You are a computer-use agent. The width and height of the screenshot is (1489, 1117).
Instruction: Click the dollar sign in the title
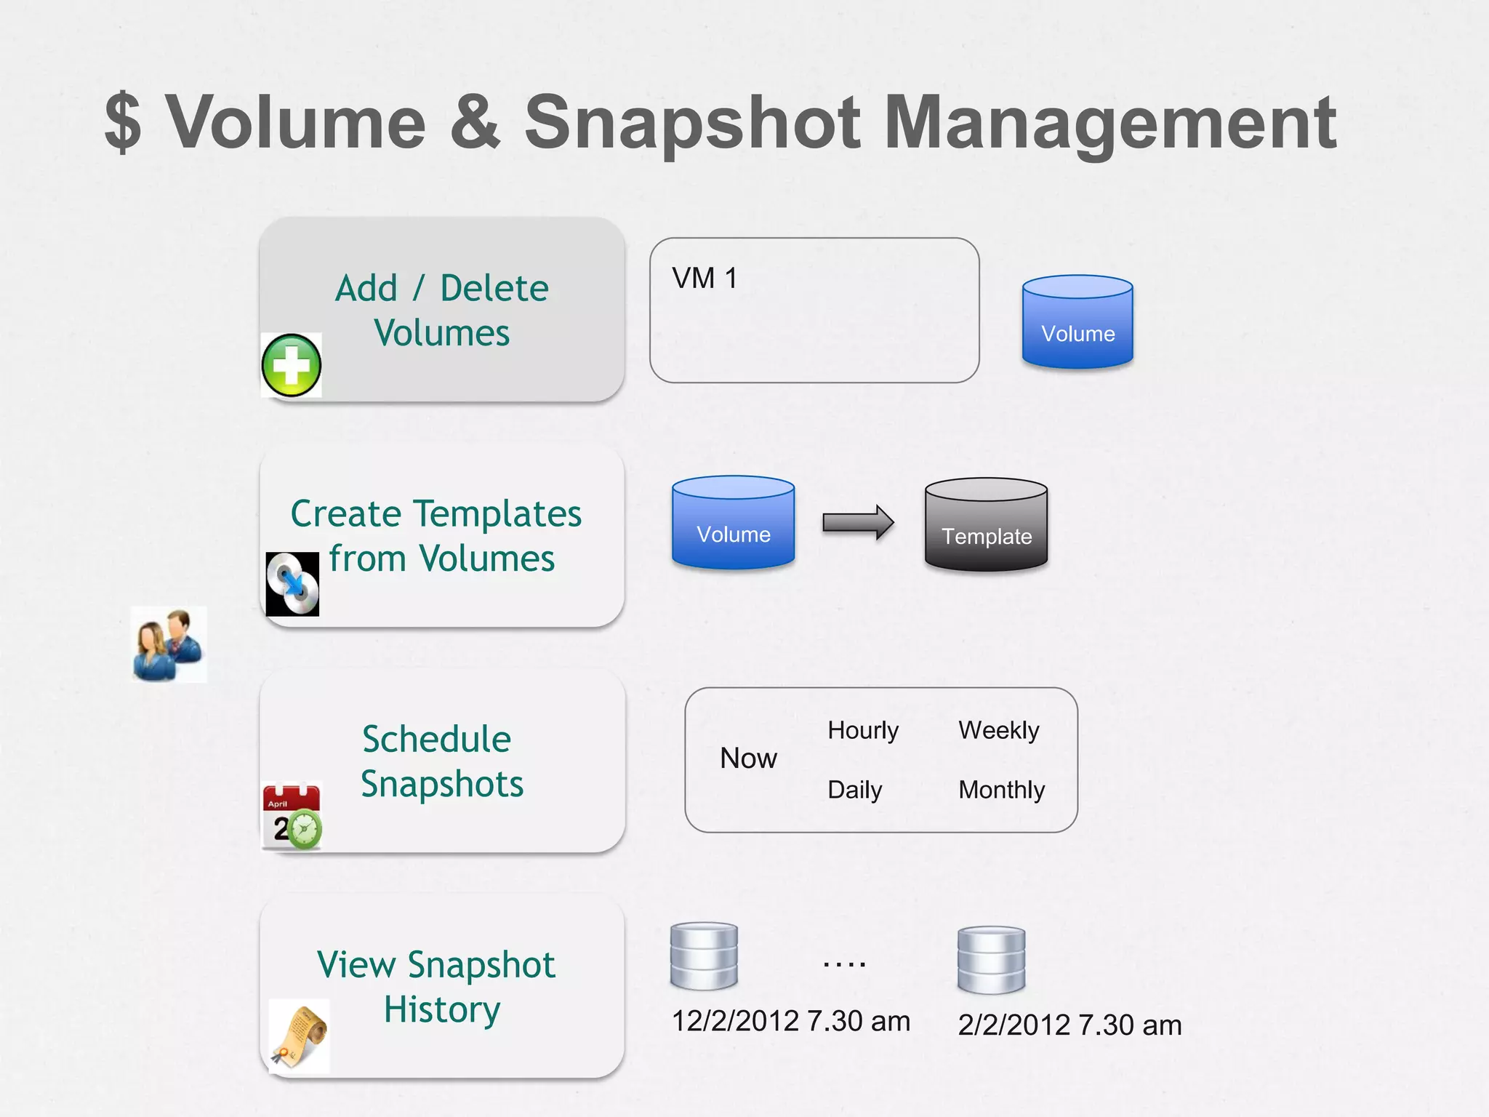tap(123, 122)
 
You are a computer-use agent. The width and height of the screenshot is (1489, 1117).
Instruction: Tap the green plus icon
tap(292, 365)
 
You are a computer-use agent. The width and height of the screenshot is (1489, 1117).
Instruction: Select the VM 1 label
tap(705, 279)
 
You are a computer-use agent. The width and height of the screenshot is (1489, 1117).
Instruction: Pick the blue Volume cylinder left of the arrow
tap(733, 522)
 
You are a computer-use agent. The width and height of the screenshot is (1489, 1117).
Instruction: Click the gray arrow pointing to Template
tap(858, 522)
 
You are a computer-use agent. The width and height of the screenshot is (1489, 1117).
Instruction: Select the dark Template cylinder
tap(986, 524)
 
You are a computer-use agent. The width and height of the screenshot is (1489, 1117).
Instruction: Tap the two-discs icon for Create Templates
tap(292, 584)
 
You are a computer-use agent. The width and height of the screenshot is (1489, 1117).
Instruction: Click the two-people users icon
tap(169, 644)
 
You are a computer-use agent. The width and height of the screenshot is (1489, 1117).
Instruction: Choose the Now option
tap(748, 758)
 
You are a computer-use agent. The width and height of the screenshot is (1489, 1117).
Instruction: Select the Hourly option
tap(863, 730)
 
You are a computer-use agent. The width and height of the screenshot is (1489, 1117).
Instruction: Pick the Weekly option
tap(999, 730)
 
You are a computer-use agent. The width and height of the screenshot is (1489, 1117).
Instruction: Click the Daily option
tap(854, 790)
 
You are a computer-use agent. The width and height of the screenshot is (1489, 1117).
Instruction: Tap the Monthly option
tap(1001, 790)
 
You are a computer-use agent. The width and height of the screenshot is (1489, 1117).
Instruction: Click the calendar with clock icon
tap(292, 816)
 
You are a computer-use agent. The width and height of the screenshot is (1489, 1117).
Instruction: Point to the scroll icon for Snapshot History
tap(299, 1036)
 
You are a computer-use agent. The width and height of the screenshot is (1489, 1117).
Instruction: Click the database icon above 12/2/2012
tap(704, 956)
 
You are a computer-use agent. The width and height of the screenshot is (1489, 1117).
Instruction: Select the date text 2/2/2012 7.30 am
tap(1069, 1025)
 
